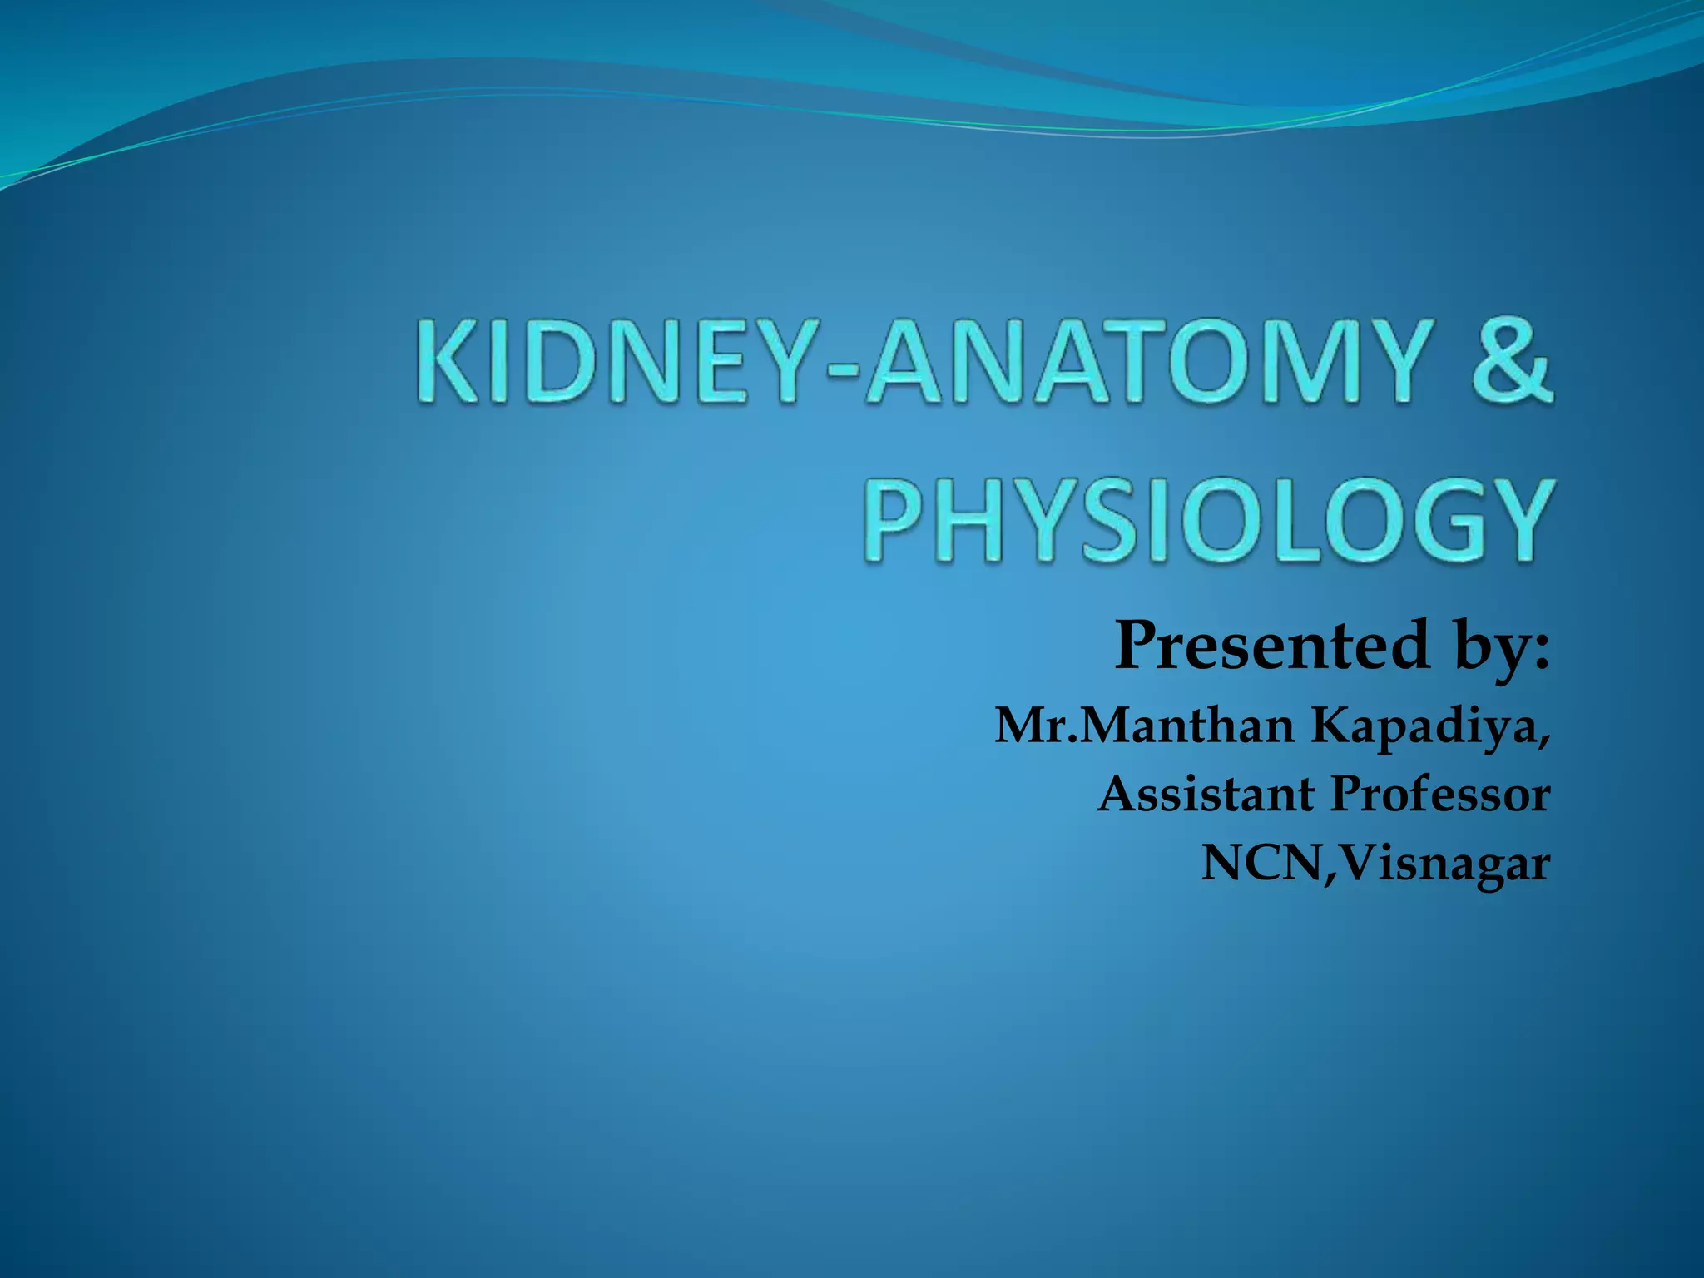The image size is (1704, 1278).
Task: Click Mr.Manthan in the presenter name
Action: coord(1145,726)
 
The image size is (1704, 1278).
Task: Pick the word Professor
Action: coord(1440,795)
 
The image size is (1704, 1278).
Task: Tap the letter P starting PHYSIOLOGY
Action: coord(895,521)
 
